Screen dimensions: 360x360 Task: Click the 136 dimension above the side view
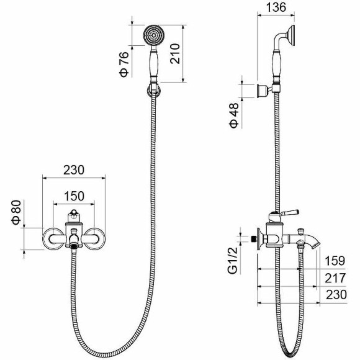pos(275,8)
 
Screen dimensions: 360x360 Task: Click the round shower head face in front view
pos(153,35)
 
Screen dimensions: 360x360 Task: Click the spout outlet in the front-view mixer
pos(74,244)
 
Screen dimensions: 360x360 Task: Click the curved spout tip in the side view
pos(317,244)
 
